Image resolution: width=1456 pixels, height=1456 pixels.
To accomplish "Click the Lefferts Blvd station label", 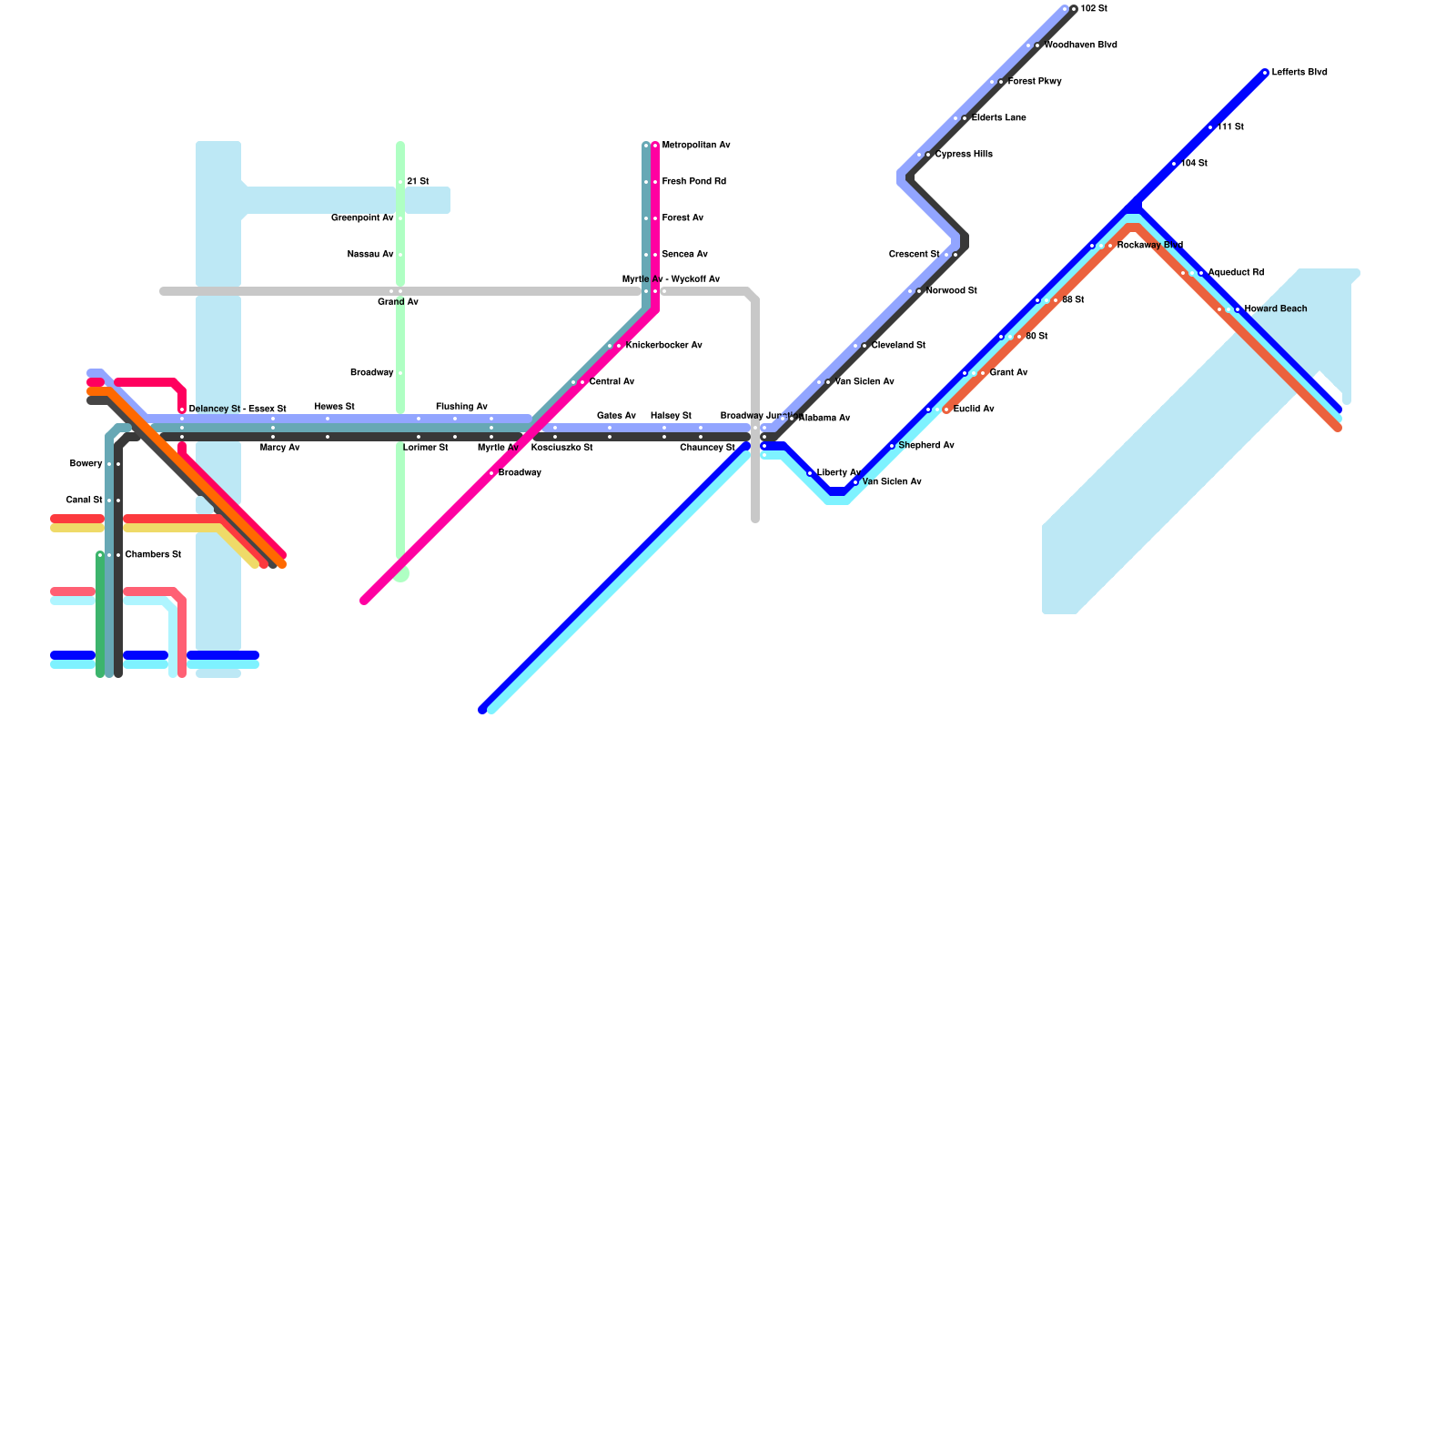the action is tap(1299, 73).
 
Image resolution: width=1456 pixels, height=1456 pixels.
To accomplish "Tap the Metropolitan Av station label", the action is tap(696, 146).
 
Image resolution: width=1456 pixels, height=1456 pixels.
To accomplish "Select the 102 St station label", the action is tap(1094, 9).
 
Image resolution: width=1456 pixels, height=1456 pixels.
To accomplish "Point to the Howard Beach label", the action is tap(1276, 309).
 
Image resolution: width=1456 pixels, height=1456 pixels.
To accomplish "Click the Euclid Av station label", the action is tap(974, 409).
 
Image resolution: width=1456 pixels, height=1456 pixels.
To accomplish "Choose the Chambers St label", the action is tap(153, 555).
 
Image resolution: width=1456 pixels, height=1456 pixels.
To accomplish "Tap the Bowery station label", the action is tap(86, 464).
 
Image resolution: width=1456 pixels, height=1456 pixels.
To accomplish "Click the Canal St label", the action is tap(85, 500).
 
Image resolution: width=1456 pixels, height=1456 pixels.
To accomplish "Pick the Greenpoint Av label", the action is tap(362, 218).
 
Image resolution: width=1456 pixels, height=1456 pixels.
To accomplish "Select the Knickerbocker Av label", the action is tap(664, 346).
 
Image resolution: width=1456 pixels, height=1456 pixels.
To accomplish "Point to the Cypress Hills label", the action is tap(964, 155).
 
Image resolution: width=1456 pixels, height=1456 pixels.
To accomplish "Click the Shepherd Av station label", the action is tap(926, 446).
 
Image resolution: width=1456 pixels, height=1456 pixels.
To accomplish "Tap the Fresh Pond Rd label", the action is tap(694, 182).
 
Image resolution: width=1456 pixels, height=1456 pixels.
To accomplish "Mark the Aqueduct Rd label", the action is tap(1236, 273).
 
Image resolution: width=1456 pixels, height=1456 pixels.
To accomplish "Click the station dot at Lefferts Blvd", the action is tap(1265, 73).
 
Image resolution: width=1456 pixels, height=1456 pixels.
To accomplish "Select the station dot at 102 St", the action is tap(1074, 9).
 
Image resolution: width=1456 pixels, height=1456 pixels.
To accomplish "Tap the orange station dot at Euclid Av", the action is tap(947, 409).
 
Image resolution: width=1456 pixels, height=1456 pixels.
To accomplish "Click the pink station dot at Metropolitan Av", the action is tap(655, 146).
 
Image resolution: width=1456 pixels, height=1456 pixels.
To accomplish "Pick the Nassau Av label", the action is tap(370, 255).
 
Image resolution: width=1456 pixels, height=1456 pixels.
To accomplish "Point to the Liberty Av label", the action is tap(838, 473).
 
